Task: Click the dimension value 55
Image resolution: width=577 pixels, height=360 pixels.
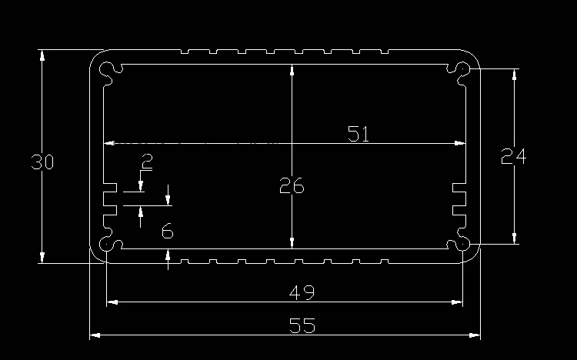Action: [x=303, y=325]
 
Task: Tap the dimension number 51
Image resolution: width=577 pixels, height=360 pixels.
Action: [x=359, y=134]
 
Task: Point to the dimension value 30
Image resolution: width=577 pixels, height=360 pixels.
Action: [x=42, y=162]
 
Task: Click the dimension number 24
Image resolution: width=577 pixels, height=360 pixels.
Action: [x=513, y=157]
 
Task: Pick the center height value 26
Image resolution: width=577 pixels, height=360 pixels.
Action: [x=292, y=186]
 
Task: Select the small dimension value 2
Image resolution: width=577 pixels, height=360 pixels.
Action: [x=147, y=162]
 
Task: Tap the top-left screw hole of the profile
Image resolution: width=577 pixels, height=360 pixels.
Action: [x=110, y=71]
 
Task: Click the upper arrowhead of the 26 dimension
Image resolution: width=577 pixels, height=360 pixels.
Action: [x=292, y=71]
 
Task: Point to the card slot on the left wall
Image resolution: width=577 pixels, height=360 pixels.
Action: [x=109, y=198]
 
